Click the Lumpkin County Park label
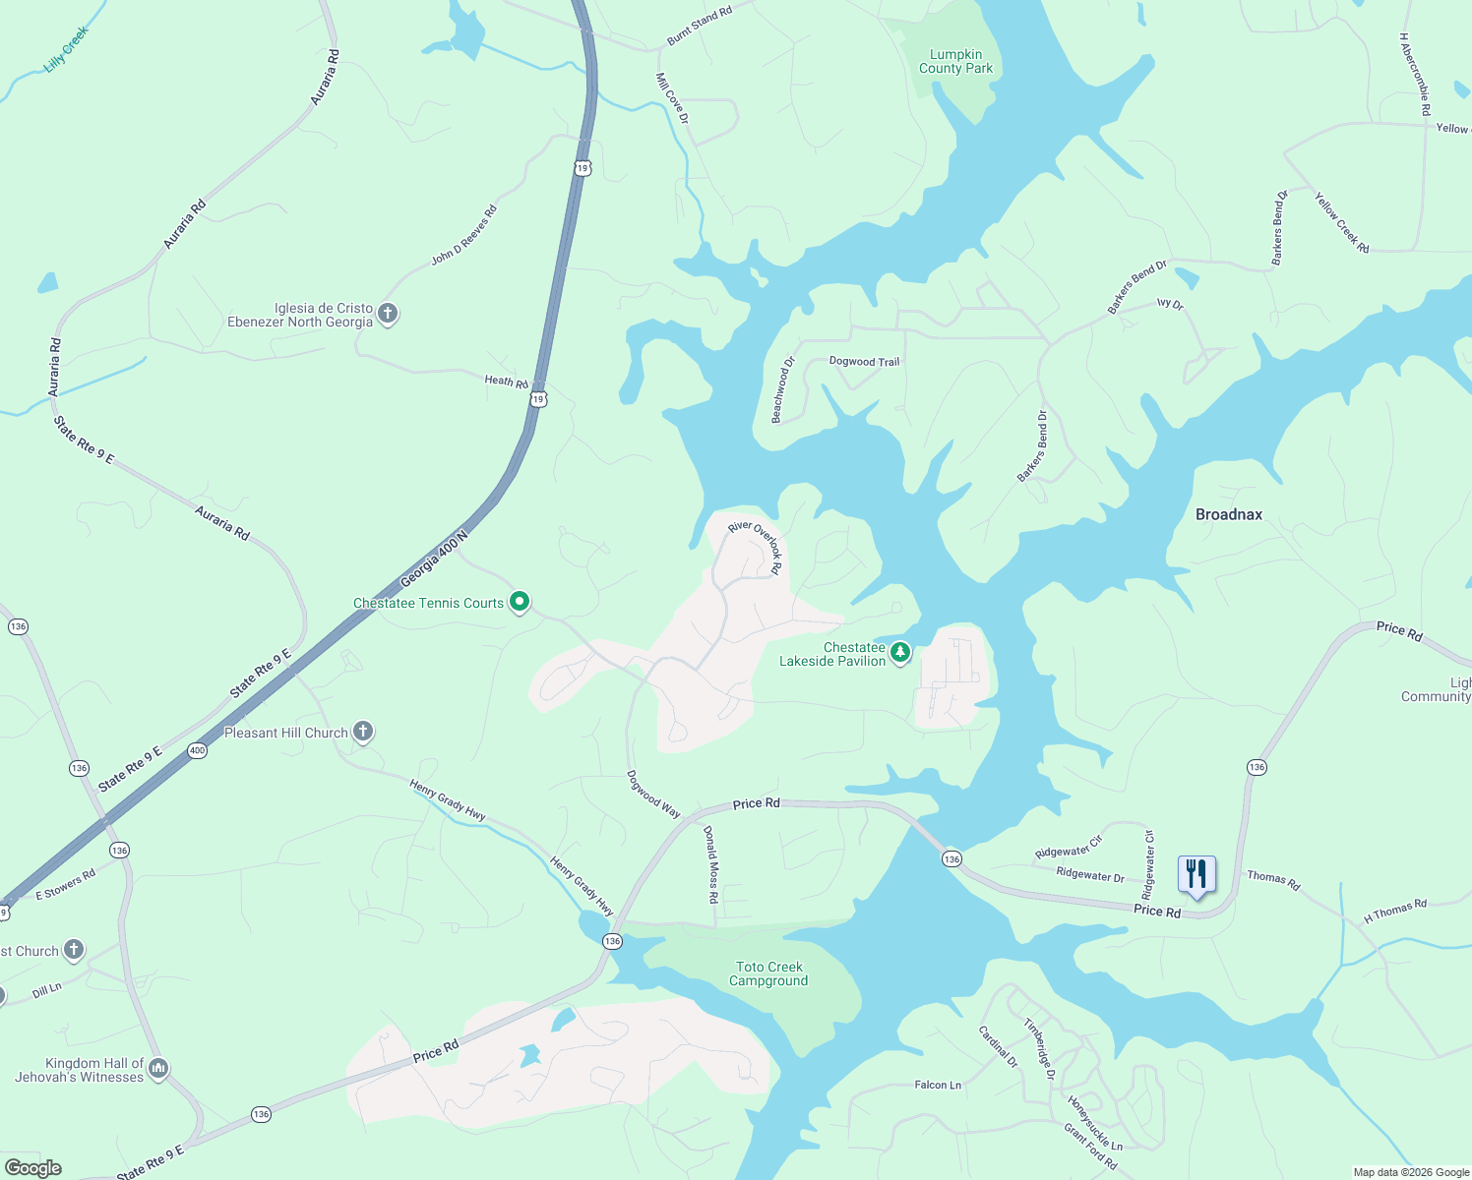click(x=955, y=62)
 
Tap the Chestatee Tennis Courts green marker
click(x=520, y=602)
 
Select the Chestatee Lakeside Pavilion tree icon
click(x=899, y=652)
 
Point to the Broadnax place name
click(x=1228, y=514)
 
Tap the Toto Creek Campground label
click(x=768, y=973)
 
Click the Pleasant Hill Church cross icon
click(x=363, y=732)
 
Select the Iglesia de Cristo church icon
click(x=388, y=314)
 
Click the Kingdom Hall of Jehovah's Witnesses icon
click(x=158, y=1069)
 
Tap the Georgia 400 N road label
click(x=433, y=560)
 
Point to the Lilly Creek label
click(x=67, y=49)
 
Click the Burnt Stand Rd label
click(x=700, y=26)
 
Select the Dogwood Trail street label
click(x=864, y=362)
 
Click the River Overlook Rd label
click(x=756, y=546)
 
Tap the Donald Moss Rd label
click(x=710, y=864)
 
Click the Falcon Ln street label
click(x=938, y=1085)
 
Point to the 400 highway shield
click(x=197, y=750)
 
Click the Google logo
click(x=32, y=1168)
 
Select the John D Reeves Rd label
click(x=464, y=235)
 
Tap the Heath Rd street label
click(x=506, y=381)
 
